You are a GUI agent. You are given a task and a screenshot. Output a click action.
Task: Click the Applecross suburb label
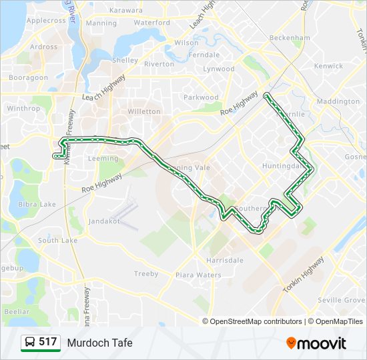tap(46, 21)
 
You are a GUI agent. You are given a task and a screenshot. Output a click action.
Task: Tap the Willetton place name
tap(143, 111)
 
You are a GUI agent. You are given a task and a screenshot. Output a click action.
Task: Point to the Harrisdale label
tap(224, 260)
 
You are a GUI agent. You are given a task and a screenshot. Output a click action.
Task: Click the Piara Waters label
tap(198, 275)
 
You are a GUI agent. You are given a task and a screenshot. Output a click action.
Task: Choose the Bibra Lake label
tap(37, 204)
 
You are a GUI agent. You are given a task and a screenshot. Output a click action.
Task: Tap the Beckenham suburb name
tap(291, 38)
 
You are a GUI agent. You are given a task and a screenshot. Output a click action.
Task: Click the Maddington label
tap(338, 101)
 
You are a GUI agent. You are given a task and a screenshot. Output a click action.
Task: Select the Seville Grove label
tap(342, 300)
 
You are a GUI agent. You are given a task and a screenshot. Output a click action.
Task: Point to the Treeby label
tap(146, 273)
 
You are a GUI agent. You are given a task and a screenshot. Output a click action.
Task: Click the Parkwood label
tap(201, 97)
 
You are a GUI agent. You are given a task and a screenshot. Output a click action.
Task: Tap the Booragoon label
tap(29, 78)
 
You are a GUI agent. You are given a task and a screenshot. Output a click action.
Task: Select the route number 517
tap(48, 342)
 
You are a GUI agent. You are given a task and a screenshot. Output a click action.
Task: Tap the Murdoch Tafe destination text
tap(99, 343)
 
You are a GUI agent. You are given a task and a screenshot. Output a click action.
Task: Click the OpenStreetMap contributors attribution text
tap(256, 321)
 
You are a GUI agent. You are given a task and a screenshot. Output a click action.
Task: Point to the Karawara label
tap(126, 11)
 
